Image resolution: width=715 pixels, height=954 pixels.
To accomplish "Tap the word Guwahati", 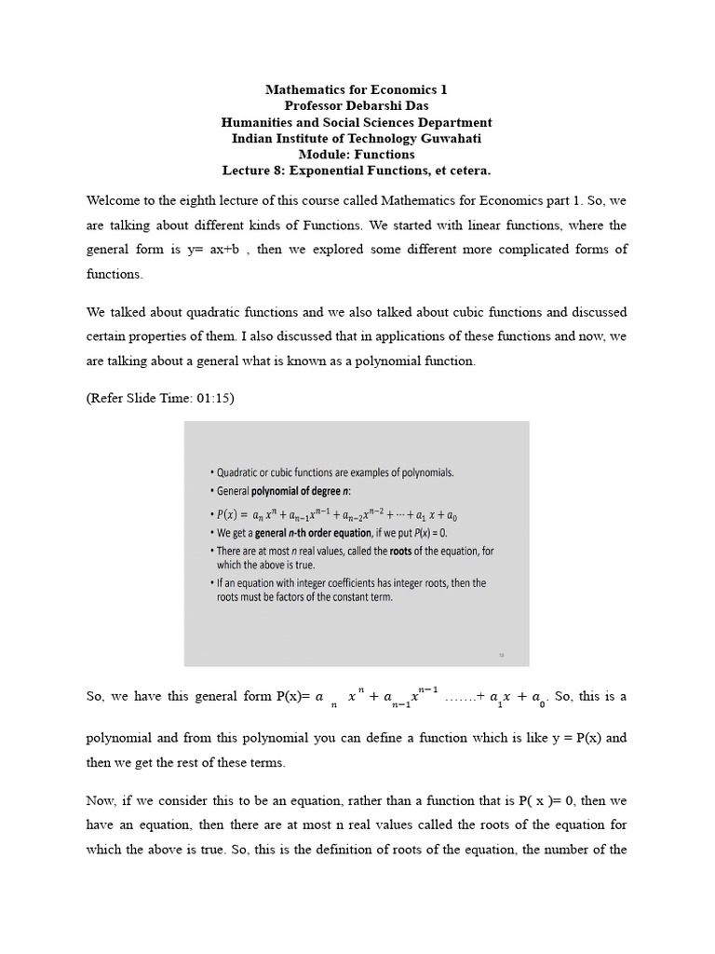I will pyautogui.click(x=448, y=138).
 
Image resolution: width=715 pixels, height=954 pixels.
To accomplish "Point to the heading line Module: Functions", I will pyautogui.click(x=357, y=155).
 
